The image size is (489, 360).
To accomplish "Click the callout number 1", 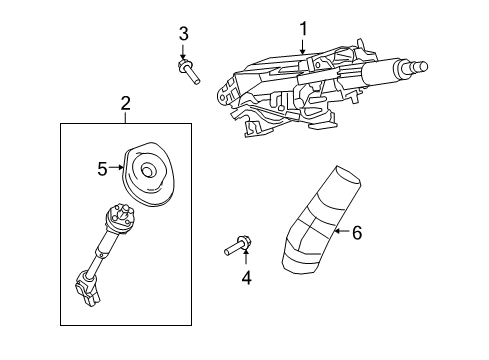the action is click(303, 29).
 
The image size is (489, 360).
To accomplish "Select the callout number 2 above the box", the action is click(125, 104).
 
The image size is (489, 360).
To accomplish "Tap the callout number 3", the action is click(183, 34).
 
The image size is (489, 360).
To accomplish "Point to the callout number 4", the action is click(246, 278).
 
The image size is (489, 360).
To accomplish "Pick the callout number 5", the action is click(102, 169).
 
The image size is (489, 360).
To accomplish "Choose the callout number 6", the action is click(357, 233).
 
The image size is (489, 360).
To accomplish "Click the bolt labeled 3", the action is click(189, 71).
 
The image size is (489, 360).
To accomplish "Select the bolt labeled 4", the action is click(238, 246).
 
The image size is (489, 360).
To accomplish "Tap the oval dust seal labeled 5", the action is click(149, 174).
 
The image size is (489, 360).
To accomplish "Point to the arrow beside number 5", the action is click(116, 167).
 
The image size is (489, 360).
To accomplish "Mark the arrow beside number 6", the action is click(341, 231).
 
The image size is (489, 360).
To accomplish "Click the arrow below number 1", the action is click(302, 47).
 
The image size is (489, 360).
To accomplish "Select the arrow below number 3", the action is click(182, 52).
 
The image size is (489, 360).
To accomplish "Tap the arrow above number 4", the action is click(246, 257).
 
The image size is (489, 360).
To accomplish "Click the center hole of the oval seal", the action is click(147, 170).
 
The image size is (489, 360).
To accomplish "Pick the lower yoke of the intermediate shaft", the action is click(87, 287).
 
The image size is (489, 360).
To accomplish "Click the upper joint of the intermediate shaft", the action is click(120, 217).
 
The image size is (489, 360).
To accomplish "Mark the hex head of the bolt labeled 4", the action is click(245, 242).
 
